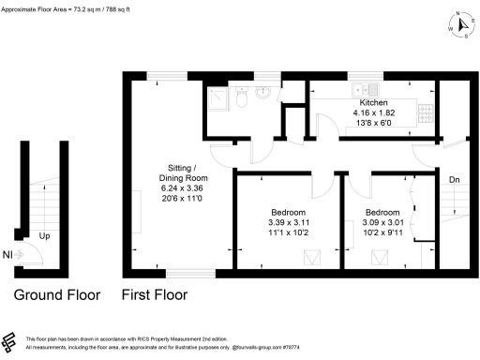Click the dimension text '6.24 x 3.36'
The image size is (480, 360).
[182, 187]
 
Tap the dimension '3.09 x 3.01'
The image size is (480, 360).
[382, 222]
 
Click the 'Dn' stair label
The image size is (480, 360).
[455, 180]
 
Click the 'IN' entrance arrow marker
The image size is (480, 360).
[9, 253]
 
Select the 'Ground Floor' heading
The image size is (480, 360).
[56, 294]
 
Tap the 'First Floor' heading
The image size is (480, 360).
[155, 294]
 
